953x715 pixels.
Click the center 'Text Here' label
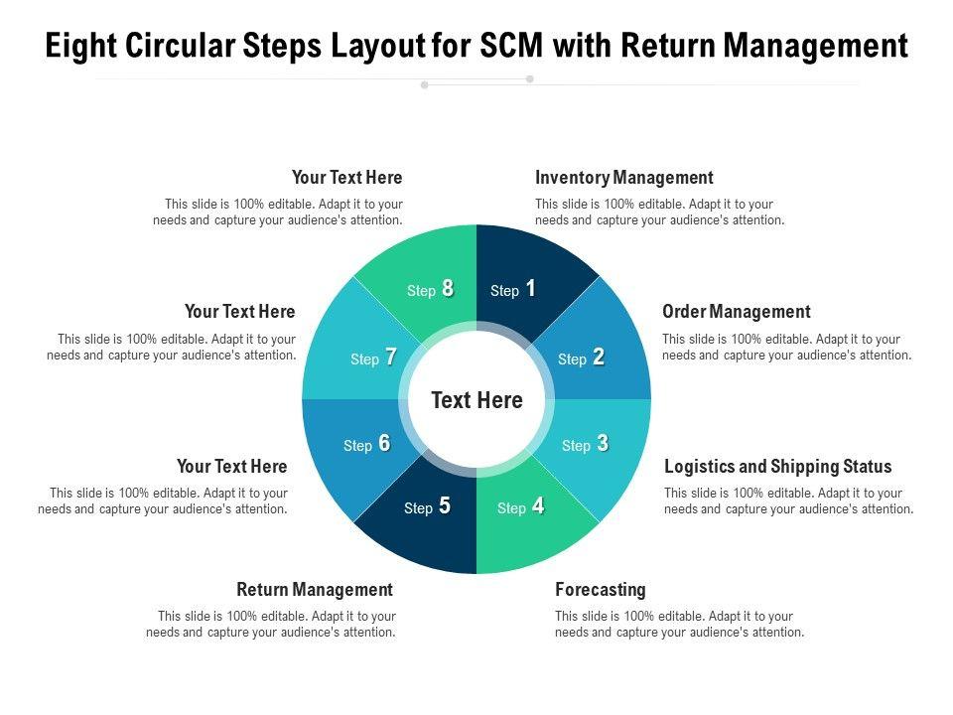coord(476,400)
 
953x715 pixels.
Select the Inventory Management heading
coord(623,178)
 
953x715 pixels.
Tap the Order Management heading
coord(736,312)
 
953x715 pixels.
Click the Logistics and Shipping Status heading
coord(777,467)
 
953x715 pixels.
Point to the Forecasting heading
coord(600,590)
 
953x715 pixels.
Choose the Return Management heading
coord(315,590)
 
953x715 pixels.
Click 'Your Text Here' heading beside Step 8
coord(346,178)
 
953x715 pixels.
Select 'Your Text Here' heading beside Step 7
coord(239,312)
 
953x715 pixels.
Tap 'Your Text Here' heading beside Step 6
coord(231,467)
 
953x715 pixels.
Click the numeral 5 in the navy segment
coord(444,505)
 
